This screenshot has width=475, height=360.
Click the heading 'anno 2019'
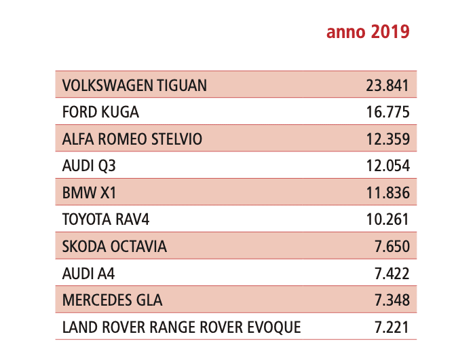click(368, 32)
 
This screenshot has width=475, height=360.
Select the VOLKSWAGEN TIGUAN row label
click(134, 85)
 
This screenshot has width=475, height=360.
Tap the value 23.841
click(387, 85)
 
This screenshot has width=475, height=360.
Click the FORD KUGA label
click(100, 112)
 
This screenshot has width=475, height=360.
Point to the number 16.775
click(387, 112)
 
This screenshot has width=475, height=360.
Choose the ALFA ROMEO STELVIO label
click(132, 139)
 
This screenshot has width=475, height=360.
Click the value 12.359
click(387, 139)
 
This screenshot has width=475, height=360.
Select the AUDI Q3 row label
click(89, 166)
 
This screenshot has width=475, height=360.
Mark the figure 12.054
click(387, 166)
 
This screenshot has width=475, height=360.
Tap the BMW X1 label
click(89, 193)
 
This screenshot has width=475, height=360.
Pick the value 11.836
click(387, 193)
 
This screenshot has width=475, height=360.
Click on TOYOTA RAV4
click(106, 219)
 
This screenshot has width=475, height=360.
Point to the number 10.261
click(387, 219)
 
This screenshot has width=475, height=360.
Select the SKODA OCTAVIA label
click(114, 247)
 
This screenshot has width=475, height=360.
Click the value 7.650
click(392, 247)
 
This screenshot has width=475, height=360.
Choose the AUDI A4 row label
click(88, 273)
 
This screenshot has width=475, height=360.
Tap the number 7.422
click(392, 273)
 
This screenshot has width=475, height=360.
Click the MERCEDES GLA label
click(112, 300)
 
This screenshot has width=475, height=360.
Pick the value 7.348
click(392, 300)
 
